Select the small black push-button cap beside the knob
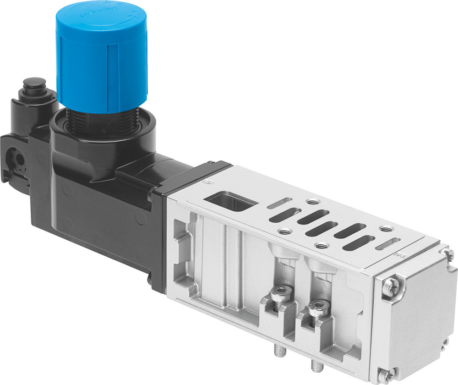(x=35, y=85)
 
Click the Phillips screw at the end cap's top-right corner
(x=449, y=253)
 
